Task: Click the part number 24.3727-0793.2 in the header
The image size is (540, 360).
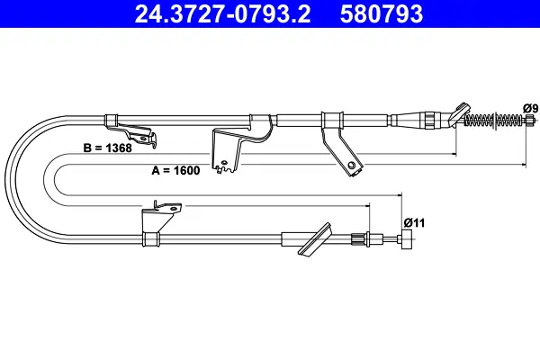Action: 222,13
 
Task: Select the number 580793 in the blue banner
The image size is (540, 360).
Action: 382,13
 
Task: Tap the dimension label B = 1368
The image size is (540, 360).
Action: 107,148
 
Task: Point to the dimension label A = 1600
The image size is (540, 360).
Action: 175,170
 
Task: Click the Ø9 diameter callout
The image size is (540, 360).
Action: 530,109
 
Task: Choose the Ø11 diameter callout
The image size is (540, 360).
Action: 414,223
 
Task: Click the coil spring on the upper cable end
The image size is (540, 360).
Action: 493,121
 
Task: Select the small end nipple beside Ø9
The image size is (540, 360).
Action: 528,121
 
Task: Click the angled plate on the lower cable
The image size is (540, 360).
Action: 315,239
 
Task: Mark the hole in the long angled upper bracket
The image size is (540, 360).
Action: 351,165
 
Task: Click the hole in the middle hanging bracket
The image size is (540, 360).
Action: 224,163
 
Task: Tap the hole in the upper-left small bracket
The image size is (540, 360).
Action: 143,138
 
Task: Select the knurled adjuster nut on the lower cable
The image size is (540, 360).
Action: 355,239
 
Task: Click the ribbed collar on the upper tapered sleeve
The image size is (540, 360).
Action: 429,121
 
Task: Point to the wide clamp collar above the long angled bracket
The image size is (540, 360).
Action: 332,121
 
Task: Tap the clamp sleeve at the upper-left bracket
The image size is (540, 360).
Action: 111,121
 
